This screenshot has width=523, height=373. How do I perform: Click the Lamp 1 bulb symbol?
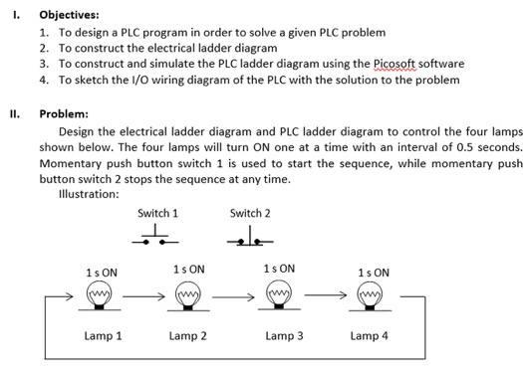(x=99, y=296)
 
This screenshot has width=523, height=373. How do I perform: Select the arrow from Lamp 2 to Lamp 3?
(x=232, y=295)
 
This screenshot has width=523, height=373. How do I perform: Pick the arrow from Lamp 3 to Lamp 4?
(x=326, y=295)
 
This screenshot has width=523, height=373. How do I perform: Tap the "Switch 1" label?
(x=157, y=213)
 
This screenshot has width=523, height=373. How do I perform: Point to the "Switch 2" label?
(x=249, y=213)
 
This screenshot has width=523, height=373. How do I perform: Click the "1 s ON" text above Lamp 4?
(x=374, y=272)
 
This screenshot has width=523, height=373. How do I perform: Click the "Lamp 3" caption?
(x=285, y=336)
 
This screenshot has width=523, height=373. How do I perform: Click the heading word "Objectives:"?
(x=69, y=15)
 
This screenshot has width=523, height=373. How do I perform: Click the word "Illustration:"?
(x=90, y=194)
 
